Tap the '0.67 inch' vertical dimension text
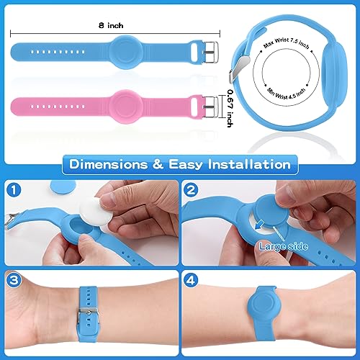[x=228, y=102]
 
